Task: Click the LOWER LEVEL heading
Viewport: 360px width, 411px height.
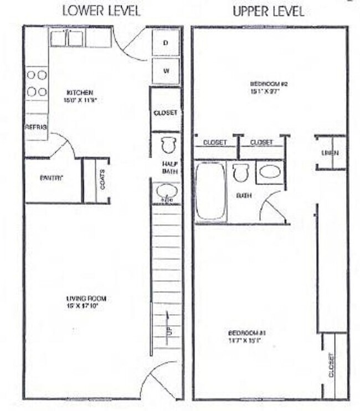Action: (x=101, y=11)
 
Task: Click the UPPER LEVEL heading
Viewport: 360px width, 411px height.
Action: (x=269, y=11)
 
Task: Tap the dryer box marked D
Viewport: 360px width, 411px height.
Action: (x=166, y=43)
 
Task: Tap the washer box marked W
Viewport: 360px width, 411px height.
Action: (x=166, y=71)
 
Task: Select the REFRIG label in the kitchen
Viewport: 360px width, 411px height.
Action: (x=36, y=127)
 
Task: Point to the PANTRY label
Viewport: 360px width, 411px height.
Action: (x=52, y=178)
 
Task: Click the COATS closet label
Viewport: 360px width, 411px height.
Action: (x=102, y=179)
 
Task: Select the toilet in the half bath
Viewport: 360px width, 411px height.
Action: (x=168, y=145)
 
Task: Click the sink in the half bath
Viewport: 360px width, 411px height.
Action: (x=167, y=192)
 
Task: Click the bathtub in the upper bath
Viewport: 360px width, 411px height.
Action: (x=211, y=190)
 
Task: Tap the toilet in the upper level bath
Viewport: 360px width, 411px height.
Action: (x=240, y=172)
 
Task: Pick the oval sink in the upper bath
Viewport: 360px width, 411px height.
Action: (x=270, y=172)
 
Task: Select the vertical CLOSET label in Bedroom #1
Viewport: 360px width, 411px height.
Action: (x=331, y=365)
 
